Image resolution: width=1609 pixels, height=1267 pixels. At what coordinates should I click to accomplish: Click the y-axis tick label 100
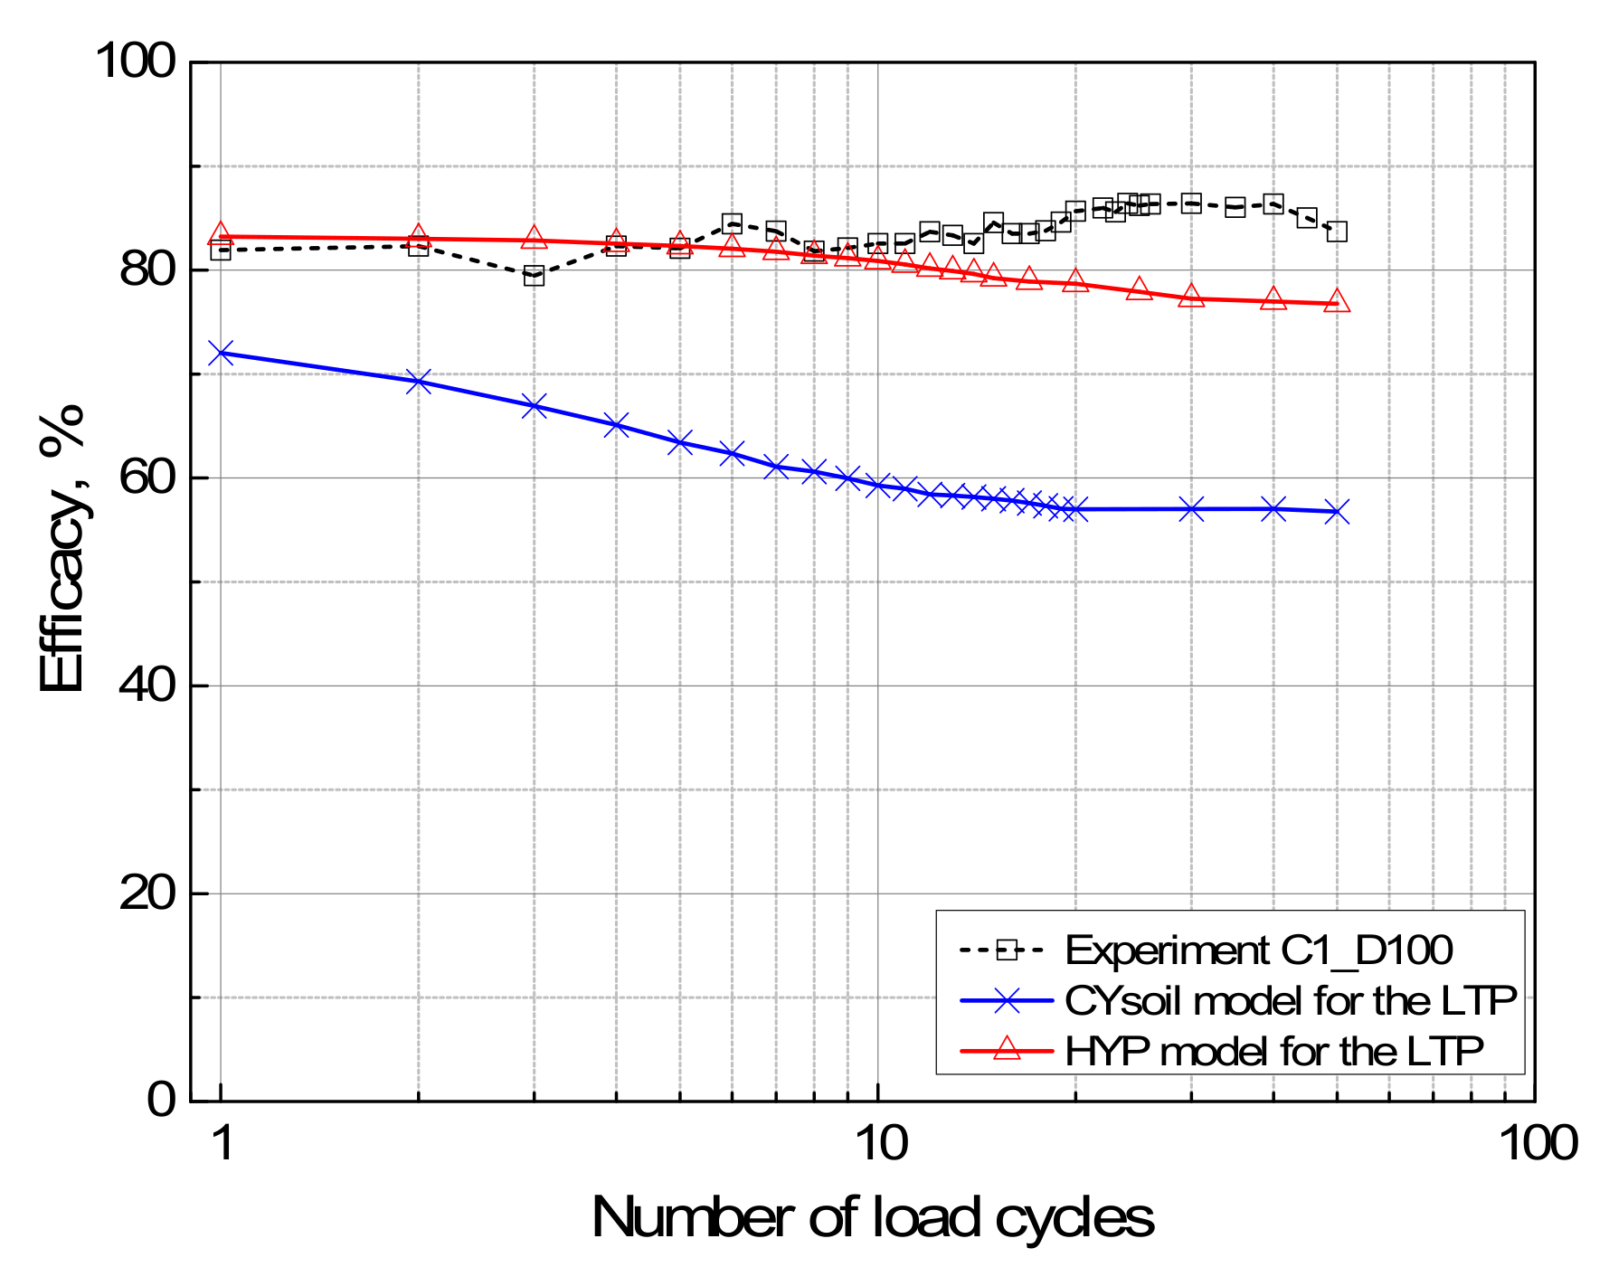(136, 62)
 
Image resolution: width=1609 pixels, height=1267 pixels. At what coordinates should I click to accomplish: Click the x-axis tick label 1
(222, 1143)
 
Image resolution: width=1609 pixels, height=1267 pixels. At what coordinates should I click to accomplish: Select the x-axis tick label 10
(879, 1143)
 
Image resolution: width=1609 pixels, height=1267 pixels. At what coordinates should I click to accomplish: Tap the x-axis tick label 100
(1538, 1143)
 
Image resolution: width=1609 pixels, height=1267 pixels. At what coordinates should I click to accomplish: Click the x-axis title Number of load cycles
(873, 1217)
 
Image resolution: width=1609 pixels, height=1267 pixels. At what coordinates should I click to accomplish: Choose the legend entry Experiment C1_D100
(1258, 950)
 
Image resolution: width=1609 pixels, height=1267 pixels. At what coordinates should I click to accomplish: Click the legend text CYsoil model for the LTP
(1290, 1000)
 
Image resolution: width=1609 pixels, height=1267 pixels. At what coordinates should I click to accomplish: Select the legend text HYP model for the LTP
(1273, 1051)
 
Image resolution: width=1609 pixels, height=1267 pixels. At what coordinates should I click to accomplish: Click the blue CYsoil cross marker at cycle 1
(221, 353)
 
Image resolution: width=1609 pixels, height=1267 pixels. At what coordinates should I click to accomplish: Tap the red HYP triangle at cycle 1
(221, 235)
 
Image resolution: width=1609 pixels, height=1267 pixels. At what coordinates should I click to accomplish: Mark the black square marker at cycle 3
(535, 276)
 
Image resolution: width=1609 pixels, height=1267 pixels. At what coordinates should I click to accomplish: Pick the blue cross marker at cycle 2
(418, 381)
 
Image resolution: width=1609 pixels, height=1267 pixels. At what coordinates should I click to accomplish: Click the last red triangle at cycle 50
(1337, 302)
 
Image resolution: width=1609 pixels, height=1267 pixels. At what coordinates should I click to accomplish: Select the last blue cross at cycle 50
(1337, 512)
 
